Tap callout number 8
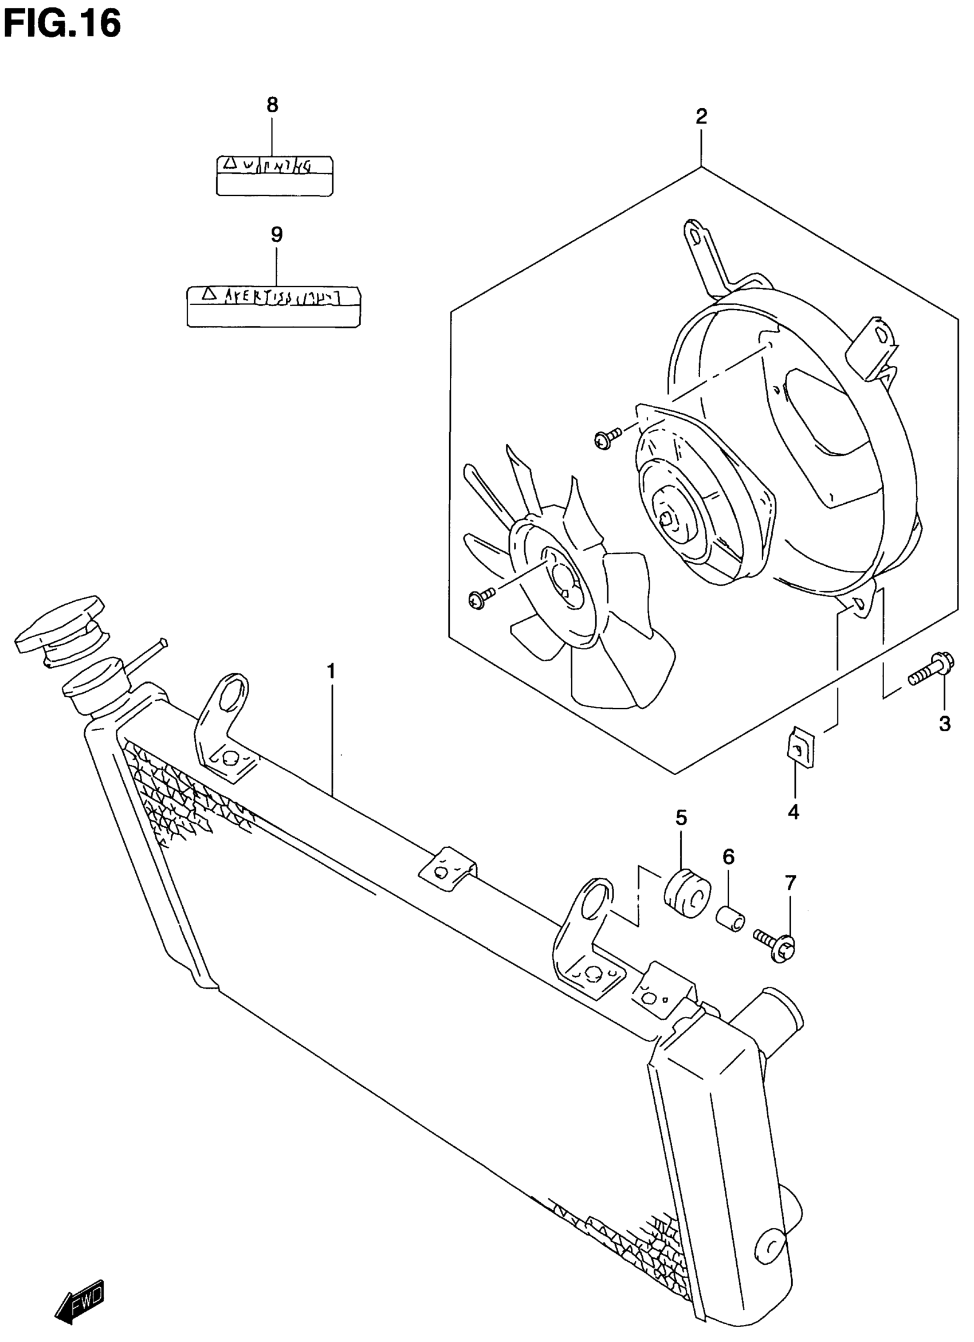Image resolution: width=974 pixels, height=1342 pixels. (x=272, y=105)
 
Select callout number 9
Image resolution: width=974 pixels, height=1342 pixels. (x=277, y=235)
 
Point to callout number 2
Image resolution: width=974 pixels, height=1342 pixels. (x=701, y=117)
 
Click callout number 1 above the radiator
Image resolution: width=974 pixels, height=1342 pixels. (x=331, y=672)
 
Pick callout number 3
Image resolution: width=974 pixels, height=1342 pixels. (x=945, y=724)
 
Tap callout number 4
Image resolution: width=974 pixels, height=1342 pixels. (x=794, y=812)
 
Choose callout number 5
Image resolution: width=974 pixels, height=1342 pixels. (x=681, y=818)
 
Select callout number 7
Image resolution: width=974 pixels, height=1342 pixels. (x=791, y=883)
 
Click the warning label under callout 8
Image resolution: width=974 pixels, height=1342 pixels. (x=274, y=175)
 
